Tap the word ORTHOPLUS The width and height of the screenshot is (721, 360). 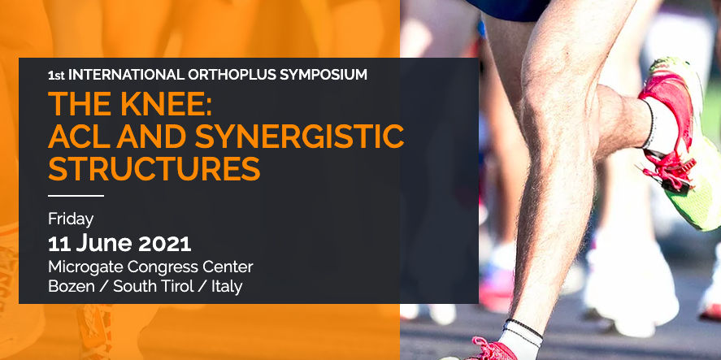229,75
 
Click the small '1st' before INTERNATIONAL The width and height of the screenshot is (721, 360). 56,76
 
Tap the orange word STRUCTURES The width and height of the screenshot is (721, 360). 154,168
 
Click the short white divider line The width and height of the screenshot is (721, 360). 76,195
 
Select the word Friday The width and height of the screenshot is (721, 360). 71,219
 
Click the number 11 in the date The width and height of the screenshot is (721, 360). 59,244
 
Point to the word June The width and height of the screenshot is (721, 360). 104,244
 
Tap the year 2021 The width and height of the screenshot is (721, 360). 165,244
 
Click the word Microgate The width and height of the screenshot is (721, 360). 85,267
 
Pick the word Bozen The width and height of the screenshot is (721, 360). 72,286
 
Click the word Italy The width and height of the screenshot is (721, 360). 227,287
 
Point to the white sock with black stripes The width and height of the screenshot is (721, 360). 521,338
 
